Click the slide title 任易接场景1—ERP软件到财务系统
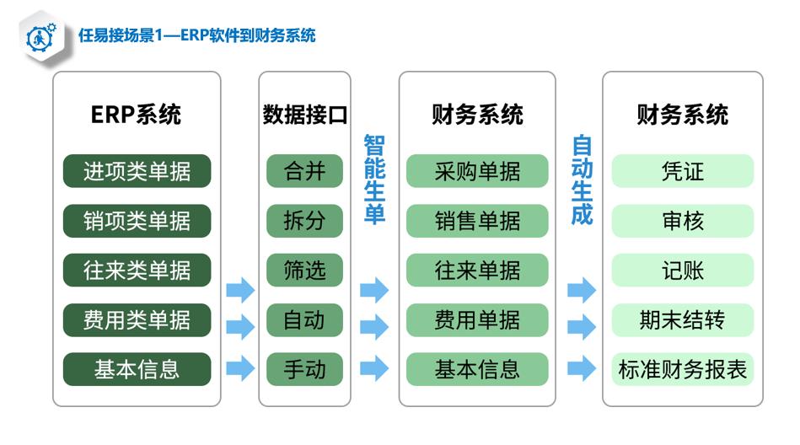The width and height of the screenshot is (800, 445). point(197,35)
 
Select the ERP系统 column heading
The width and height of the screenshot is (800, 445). point(137,115)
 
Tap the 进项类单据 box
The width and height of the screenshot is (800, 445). point(137,171)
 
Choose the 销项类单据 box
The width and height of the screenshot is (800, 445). point(137,221)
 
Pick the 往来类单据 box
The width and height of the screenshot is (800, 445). point(137,270)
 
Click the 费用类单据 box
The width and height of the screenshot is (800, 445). point(137,320)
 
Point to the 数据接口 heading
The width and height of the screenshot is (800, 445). point(304,115)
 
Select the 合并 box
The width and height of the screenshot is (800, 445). point(304,171)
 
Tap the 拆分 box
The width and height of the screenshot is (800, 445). point(304,221)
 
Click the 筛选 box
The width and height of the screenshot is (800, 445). point(304,270)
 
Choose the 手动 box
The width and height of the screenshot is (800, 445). point(304,369)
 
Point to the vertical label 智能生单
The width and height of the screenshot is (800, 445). point(374,180)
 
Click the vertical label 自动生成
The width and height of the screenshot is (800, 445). point(582,180)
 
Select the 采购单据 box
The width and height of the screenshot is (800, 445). point(477,171)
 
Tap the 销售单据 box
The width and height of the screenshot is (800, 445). point(477,221)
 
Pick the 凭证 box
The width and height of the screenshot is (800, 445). point(683,171)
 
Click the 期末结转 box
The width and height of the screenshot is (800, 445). point(683,320)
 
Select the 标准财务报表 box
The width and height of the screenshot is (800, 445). point(683,369)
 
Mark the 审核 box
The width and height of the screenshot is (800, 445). point(683,221)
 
